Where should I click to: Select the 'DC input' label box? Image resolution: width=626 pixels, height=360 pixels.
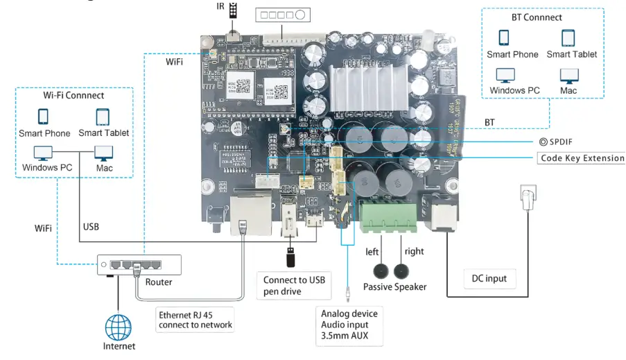pos(489,279)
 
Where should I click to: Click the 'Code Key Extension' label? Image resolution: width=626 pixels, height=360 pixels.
pos(582,158)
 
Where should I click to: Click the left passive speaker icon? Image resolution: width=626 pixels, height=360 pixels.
pos(381,271)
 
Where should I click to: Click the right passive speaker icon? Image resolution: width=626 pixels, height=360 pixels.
pos(401,271)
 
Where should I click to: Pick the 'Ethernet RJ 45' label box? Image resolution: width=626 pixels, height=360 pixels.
pos(196,319)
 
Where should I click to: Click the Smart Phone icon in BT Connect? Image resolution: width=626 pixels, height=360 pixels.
pos(504,37)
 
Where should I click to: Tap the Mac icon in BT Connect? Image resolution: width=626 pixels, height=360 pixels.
pos(568,76)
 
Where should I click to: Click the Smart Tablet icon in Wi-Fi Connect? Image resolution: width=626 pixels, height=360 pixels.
pos(103,117)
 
